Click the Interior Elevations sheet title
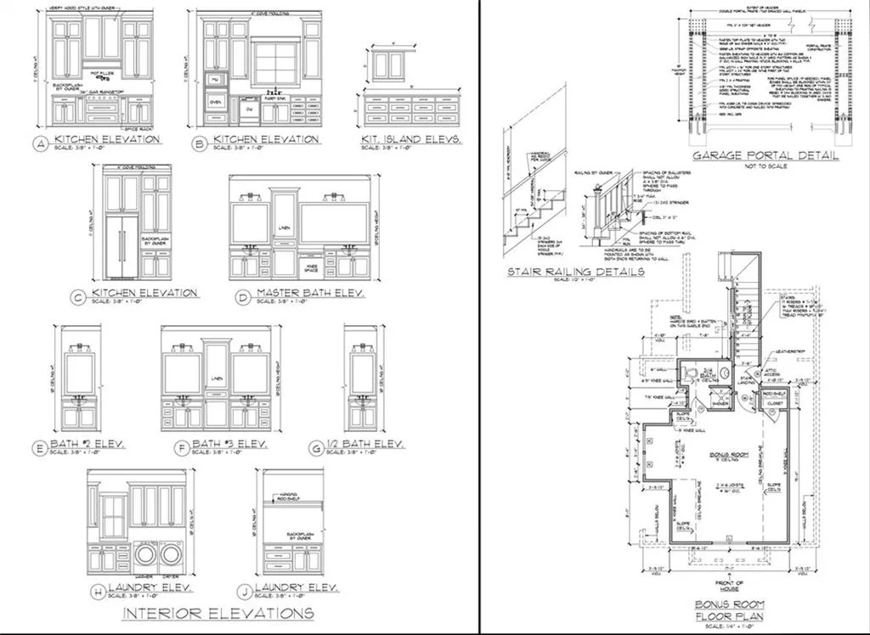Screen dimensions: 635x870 (219, 613)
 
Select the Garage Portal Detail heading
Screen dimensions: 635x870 (765, 156)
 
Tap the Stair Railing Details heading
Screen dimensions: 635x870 (575, 272)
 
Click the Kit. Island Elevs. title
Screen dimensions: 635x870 (410, 138)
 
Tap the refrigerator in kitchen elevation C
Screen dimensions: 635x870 (121, 246)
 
